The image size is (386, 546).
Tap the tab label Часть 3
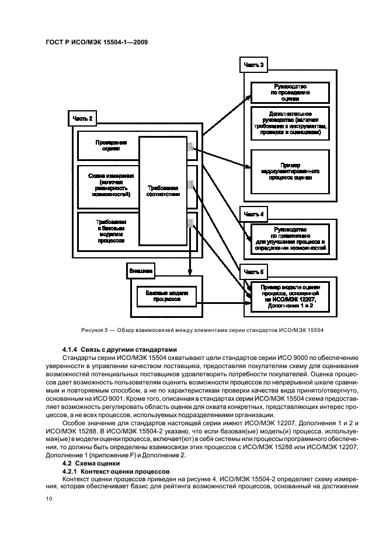(253, 65)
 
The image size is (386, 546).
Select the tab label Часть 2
(82, 119)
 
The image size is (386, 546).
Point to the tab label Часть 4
(253, 214)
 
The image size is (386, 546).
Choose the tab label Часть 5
(253, 271)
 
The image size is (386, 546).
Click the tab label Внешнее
(141, 271)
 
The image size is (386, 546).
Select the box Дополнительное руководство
(290, 124)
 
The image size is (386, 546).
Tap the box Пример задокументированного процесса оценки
(290, 173)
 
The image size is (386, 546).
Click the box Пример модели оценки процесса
(290, 296)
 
